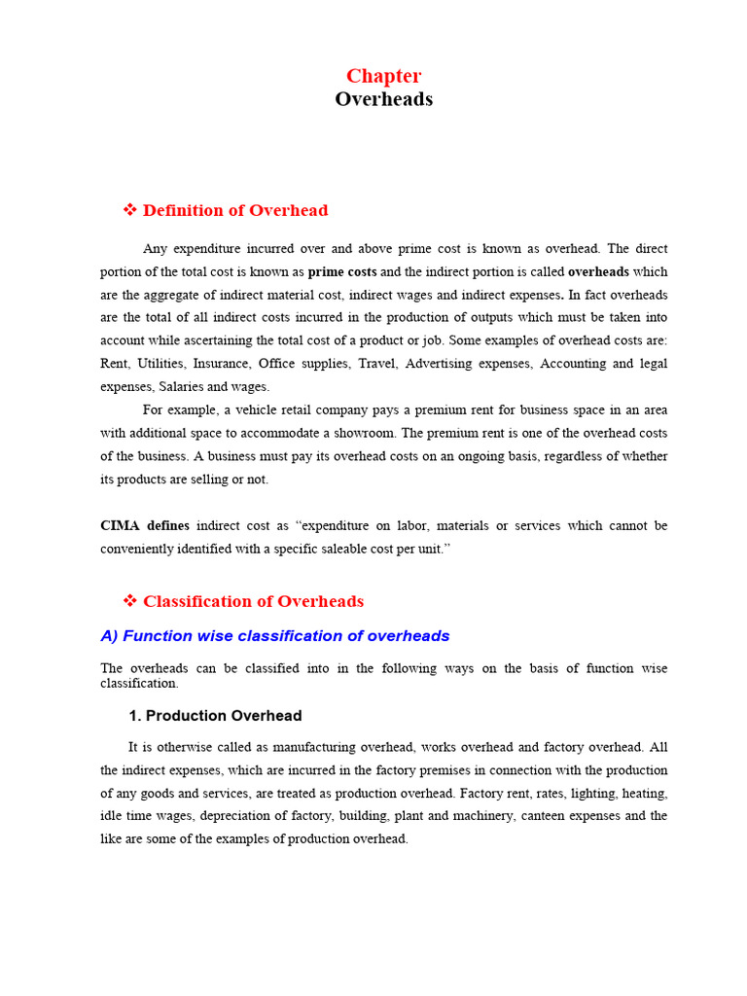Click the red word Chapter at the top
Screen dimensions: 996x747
384,76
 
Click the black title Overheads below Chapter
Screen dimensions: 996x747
384,99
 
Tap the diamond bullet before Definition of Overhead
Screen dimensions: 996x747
129,210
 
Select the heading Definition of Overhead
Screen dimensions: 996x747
235,210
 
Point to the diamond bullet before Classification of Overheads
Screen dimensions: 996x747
129,601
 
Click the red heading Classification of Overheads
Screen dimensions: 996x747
253,601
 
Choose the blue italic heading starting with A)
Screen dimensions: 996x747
275,636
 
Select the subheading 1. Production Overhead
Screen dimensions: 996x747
215,716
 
